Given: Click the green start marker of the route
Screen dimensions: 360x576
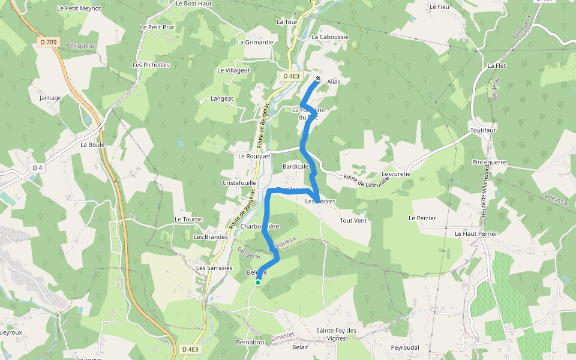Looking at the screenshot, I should [x=258, y=282].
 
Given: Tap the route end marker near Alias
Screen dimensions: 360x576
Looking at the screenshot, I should [x=317, y=78].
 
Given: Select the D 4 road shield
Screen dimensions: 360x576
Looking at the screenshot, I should [x=37, y=168].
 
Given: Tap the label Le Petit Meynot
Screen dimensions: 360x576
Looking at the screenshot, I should [x=79, y=8].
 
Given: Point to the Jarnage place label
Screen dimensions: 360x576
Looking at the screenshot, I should [x=50, y=97].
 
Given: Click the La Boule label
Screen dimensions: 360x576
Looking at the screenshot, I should [x=92, y=145].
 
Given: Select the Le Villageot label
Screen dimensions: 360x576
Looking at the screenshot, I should [x=233, y=70].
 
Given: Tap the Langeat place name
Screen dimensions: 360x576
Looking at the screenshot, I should [x=222, y=98].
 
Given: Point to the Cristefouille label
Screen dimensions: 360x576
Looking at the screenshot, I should [x=239, y=182].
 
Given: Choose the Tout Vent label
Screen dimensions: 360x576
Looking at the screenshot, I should [x=353, y=220].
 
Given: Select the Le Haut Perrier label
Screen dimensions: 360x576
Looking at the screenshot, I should [x=476, y=233].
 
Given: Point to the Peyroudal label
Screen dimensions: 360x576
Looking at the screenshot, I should [x=404, y=347].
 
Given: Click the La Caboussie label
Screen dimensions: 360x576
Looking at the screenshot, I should [x=330, y=37].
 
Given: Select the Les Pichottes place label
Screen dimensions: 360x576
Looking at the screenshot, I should [x=151, y=65].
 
